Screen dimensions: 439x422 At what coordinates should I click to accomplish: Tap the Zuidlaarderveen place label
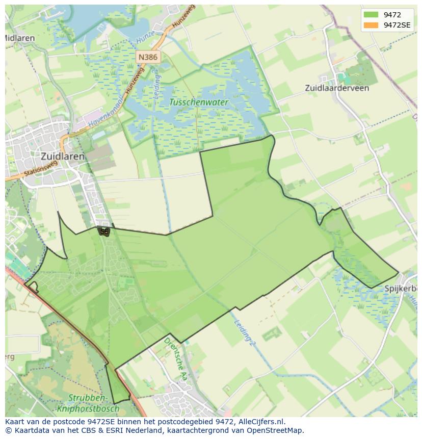337,88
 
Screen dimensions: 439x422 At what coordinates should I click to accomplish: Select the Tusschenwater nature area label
199,102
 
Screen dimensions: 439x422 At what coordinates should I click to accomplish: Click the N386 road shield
147,57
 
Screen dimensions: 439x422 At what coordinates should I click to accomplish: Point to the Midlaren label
20,38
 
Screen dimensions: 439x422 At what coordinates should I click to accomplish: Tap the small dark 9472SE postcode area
104,231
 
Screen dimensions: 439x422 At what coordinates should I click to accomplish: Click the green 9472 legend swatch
371,15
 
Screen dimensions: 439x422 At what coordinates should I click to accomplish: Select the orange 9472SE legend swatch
371,25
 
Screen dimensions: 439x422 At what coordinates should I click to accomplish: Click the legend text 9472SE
397,25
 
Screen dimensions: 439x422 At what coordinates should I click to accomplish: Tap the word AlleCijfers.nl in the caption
262,422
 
